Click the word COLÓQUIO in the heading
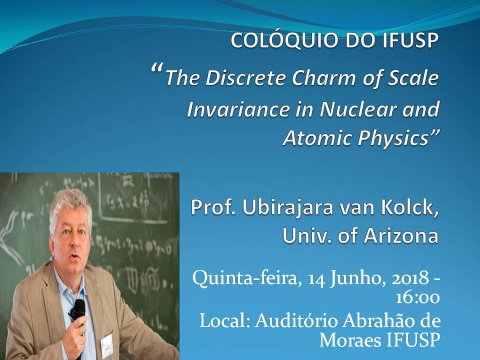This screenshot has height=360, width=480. [284, 40]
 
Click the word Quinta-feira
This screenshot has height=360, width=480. [245, 278]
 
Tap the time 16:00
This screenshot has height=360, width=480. [418, 298]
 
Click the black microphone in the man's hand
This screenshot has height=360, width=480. [79, 312]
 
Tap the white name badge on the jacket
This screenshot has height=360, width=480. [107, 345]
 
